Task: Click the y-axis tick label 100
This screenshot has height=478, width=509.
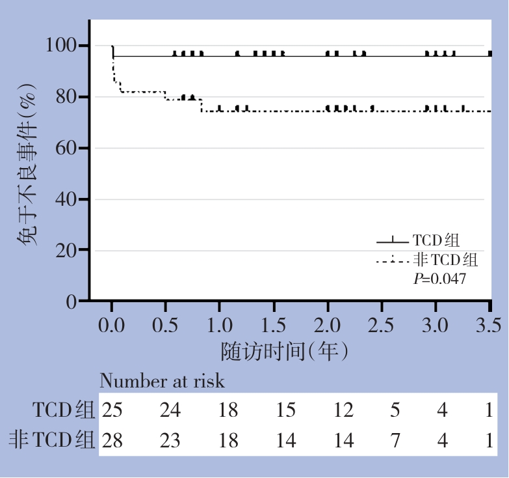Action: tap(62, 46)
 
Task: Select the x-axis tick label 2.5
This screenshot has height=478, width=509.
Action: tap(382, 324)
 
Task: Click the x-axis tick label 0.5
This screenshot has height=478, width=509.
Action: tap(166, 324)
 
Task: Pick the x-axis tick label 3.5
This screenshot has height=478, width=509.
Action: tap(490, 324)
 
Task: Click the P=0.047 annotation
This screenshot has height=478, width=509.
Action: tap(440, 279)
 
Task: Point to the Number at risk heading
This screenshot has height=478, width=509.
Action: tap(162, 381)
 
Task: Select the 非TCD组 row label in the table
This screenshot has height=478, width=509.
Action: tap(52, 440)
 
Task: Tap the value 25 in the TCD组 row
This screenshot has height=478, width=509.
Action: tap(111, 410)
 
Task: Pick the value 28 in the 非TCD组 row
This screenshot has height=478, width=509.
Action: tap(111, 441)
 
